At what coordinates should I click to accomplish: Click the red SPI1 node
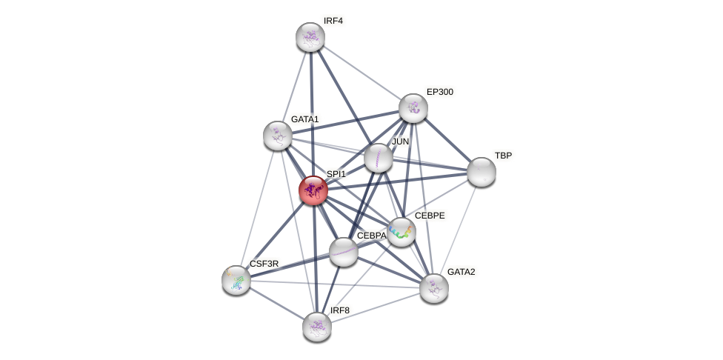[x=313, y=190]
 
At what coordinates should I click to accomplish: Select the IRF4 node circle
[x=310, y=37]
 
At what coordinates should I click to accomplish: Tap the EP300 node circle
[x=413, y=108]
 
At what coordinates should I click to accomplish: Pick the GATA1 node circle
[x=278, y=136]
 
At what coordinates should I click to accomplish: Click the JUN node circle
[x=379, y=158]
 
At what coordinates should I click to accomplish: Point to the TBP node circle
[x=482, y=172]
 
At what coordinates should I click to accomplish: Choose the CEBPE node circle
[x=402, y=232]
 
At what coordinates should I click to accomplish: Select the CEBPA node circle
[x=344, y=252]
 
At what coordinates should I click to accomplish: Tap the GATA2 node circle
[x=434, y=288]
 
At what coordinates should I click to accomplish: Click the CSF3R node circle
[x=236, y=280]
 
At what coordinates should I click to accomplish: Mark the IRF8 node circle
[x=317, y=327]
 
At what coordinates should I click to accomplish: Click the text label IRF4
[x=333, y=21]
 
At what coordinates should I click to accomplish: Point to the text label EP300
[x=440, y=92]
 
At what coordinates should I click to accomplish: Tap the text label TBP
[x=503, y=156]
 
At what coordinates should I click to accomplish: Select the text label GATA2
[x=461, y=272]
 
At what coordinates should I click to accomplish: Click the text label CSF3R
[x=264, y=264]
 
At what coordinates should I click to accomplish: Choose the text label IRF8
[x=340, y=310]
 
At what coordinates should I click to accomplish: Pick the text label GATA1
[x=304, y=119]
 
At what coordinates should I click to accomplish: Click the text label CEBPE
[x=430, y=216]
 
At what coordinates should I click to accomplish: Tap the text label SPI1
[x=336, y=174]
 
